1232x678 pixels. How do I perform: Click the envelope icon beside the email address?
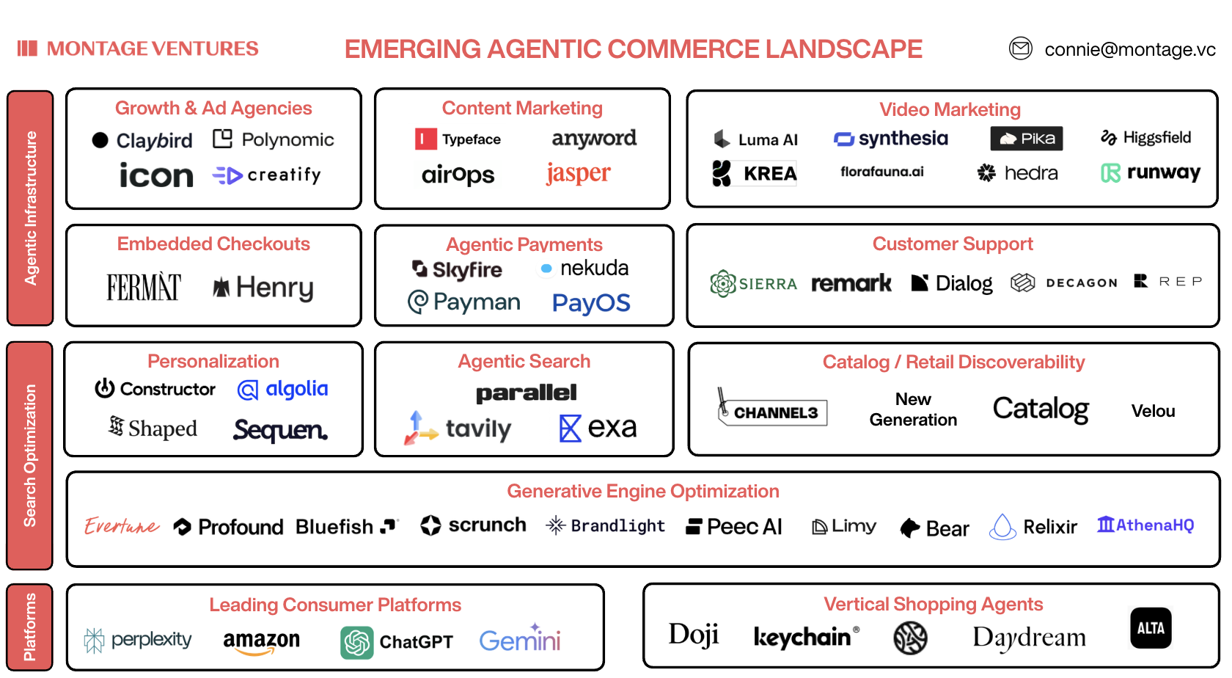click(x=1020, y=48)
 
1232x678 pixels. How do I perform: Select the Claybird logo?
click(x=142, y=140)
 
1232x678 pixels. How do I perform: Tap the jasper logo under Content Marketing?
click(x=578, y=173)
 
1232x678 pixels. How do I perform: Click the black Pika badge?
click(x=1026, y=139)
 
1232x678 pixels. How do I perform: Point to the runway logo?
click(x=1151, y=173)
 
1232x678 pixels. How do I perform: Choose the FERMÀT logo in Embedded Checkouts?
click(x=144, y=287)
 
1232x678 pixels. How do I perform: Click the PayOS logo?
click(x=591, y=303)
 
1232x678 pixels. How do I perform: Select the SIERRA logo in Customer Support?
click(x=753, y=283)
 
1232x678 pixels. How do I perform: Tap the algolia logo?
click(x=283, y=389)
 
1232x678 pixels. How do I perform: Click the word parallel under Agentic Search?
click(x=526, y=393)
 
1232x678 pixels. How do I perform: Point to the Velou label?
click(x=1153, y=411)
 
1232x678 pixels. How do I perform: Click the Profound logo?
click(x=229, y=527)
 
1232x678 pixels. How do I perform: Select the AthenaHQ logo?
click(x=1145, y=525)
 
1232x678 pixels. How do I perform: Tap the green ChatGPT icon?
click(x=357, y=643)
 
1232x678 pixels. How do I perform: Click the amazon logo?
click(x=261, y=641)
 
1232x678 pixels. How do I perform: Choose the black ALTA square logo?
click(x=1151, y=628)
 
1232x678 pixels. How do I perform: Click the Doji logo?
click(x=693, y=635)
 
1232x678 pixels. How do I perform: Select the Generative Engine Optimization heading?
click(x=642, y=491)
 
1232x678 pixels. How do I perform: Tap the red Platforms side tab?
click(x=30, y=627)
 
